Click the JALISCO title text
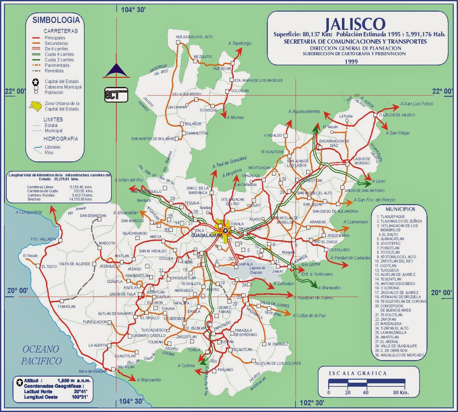[355, 24]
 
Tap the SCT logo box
[116, 95]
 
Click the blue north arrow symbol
[116, 71]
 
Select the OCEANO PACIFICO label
[41, 355]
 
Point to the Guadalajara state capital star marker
[226, 230]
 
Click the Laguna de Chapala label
[257, 270]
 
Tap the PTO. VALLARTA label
[43, 239]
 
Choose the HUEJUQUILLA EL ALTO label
[194, 37]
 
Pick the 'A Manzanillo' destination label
[149, 380]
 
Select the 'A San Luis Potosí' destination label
[417, 104]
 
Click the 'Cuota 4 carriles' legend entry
[59, 54]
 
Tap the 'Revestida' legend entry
[54, 71]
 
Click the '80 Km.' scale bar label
[401, 392]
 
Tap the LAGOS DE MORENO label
[362, 161]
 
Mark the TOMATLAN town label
[67, 306]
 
